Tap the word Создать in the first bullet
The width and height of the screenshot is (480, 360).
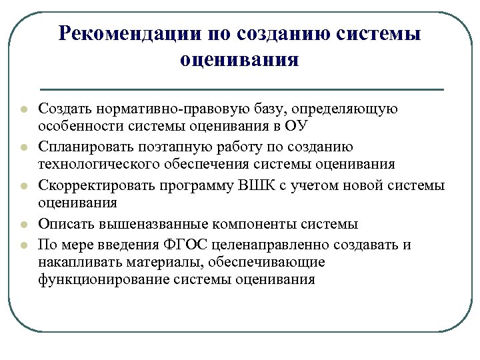coord(65,109)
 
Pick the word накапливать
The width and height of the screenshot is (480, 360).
coord(72,262)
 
